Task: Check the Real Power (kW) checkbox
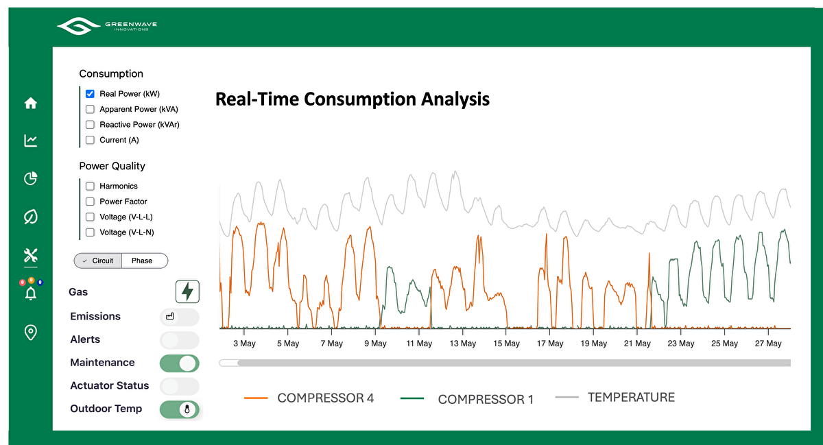[90, 94]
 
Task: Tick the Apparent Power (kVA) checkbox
[90, 109]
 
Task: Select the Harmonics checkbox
[90, 186]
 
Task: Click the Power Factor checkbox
[90, 202]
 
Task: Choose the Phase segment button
[143, 261]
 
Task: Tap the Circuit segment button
[98, 261]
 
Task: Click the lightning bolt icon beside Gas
[187, 291]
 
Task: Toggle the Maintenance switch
[179, 363]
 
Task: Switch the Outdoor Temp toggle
[179, 409]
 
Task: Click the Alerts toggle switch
[179, 340]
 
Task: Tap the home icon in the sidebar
[30, 104]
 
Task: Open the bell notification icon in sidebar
[30, 293]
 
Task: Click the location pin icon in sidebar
[30, 333]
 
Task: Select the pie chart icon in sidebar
[30, 179]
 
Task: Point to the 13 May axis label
[463, 344]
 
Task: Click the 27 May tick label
[768, 344]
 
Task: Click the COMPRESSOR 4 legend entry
[325, 398]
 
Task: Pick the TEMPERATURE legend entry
[631, 397]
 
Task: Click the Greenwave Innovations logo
[107, 27]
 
